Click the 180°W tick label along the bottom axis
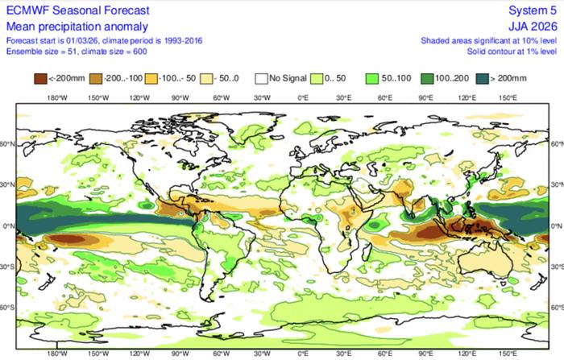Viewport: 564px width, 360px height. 56,353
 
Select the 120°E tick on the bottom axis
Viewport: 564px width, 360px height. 467,353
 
